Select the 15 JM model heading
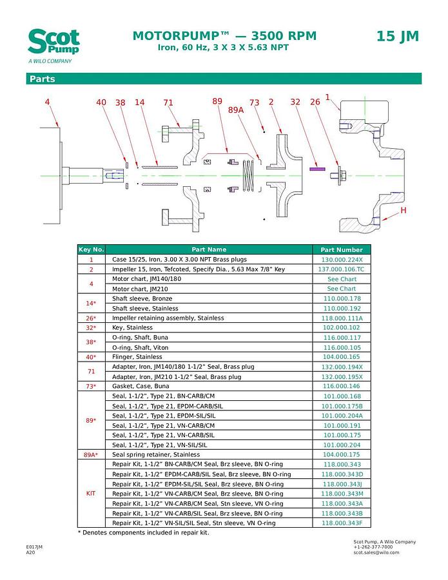[397, 37]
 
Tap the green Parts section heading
[41, 79]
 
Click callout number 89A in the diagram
[236, 110]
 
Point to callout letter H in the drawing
[404, 211]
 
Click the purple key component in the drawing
[316, 169]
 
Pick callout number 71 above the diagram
[168, 102]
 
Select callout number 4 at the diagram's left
[47, 102]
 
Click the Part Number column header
[342, 249]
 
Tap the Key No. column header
[91, 249]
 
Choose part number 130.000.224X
[342, 259]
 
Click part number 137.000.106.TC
[342, 269]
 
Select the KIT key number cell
[91, 494]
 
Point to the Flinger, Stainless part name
[137, 357]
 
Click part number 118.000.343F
[342, 523]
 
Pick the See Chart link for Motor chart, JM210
[342, 289]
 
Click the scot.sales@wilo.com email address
[376, 552]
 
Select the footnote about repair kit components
[143, 533]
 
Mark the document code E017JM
[34, 546]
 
